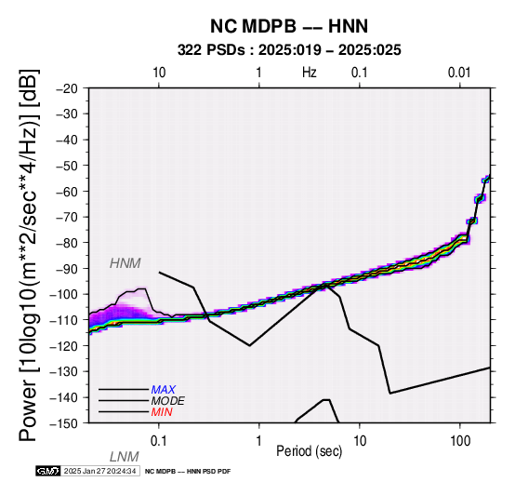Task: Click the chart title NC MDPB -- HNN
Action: click(x=289, y=26)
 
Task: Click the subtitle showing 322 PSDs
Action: click(x=289, y=50)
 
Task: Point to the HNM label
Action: click(x=125, y=263)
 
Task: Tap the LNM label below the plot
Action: click(x=125, y=457)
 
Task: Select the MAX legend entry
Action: click(x=163, y=390)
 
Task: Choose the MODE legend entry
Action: click(x=167, y=401)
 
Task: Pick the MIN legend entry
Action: click(x=162, y=412)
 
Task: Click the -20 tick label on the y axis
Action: click(x=67, y=88)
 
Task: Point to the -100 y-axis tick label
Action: click(x=63, y=294)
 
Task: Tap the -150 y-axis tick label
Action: click(x=63, y=422)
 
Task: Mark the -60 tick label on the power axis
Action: click(x=67, y=191)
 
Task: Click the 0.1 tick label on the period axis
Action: click(x=159, y=441)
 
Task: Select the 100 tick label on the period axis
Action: click(x=460, y=441)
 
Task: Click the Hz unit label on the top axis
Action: click(x=310, y=73)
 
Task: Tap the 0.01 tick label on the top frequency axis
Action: click(x=459, y=73)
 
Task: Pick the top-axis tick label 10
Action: click(x=159, y=73)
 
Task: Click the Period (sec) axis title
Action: click(x=310, y=451)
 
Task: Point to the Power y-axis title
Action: click(x=28, y=255)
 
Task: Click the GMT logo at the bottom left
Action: click(x=48, y=471)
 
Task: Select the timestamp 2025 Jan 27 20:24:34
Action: click(x=99, y=471)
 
